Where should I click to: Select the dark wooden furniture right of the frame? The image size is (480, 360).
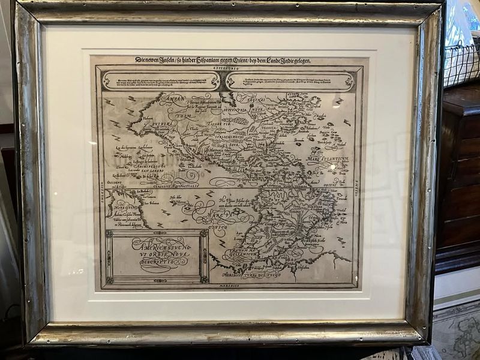(x=459, y=174)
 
